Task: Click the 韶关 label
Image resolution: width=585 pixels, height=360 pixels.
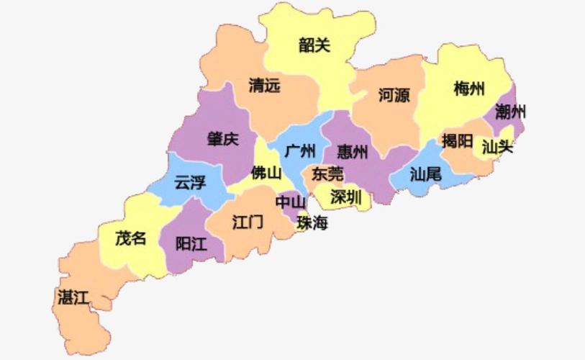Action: (x=314, y=45)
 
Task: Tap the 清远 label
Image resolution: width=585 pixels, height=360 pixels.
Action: (x=264, y=86)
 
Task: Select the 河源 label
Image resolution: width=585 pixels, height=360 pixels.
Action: (x=394, y=95)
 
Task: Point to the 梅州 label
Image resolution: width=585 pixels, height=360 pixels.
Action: (x=469, y=89)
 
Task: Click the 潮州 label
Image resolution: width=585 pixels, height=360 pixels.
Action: (x=511, y=112)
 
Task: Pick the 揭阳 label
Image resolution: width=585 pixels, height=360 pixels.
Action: (x=458, y=140)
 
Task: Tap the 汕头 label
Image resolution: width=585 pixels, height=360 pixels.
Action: (x=497, y=147)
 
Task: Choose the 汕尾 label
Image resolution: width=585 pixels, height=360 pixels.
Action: (x=425, y=174)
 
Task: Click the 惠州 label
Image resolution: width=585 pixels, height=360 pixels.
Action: (x=353, y=152)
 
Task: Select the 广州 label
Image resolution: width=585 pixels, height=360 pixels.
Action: (x=300, y=151)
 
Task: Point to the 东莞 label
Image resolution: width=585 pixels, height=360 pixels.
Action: (x=327, y=174)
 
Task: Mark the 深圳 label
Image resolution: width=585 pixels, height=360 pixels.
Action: (x=346, y=197)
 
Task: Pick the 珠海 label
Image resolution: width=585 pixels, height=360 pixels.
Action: (x=312, y=223)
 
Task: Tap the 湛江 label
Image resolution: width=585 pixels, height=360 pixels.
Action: (x=72, y=297)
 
